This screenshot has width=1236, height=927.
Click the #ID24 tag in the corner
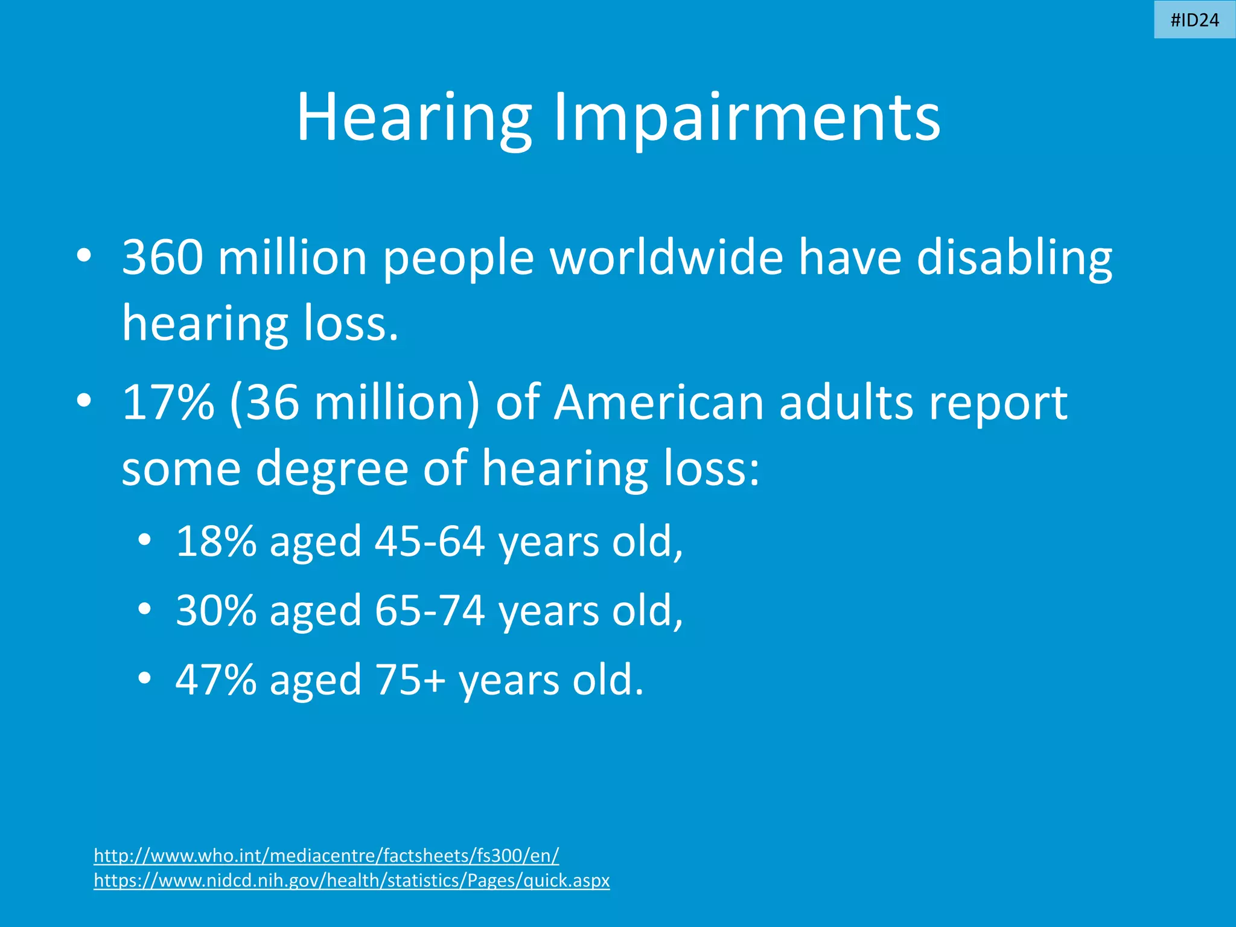(1194, 20)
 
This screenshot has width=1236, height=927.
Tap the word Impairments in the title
(747, 118)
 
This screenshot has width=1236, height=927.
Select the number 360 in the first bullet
(162, 257)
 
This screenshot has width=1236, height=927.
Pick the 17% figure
(168, 403)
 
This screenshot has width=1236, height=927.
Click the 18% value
(216, 541)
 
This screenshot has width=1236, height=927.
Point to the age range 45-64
(430, 541)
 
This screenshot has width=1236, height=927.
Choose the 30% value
(216, 610)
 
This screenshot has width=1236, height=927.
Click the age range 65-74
(430, 610)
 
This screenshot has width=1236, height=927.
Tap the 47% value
(216, 680)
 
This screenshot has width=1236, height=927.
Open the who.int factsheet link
(327, 855)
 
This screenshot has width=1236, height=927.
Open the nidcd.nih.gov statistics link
(352, 881)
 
